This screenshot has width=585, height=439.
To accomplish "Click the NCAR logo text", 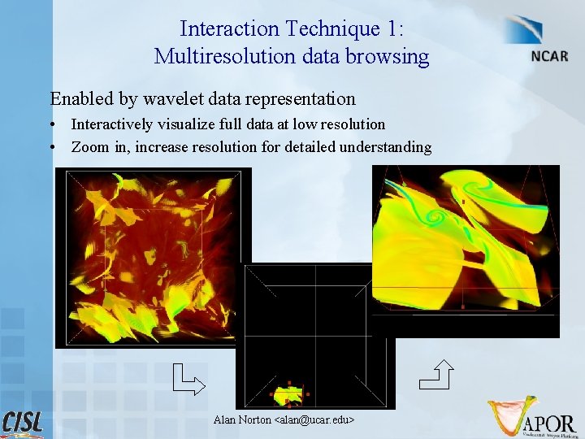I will pyautogui.click(x=548, y=58).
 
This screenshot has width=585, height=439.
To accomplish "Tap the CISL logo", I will pyautogui.click(x=24, y=423).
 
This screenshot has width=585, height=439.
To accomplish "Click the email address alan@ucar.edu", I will pyautogui.click(x=315, y=419).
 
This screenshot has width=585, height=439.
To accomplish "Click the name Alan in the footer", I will pyautogui.click(x=225, y=419).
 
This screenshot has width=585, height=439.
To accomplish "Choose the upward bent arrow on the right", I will pyautogui.click(x=436, y=373).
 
